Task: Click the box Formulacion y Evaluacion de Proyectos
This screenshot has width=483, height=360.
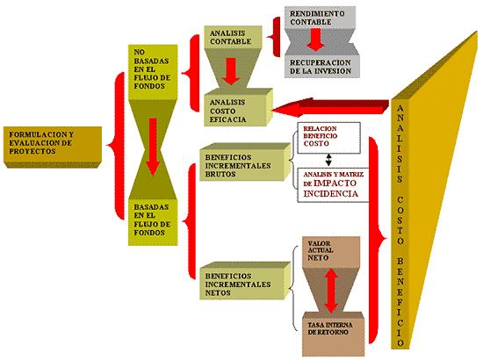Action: pyautogui.click(x=53, y=147)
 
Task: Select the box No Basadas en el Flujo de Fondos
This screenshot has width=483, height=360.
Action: pyautogui.click(x=153, y=72)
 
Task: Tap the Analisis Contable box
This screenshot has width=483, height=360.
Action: pyautogui.click(x=233, y=37)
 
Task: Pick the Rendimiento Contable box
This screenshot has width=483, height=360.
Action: pyautogui.click(x=320, y=18)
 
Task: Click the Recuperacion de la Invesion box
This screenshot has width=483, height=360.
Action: pyautogui.click(x=321, y=67)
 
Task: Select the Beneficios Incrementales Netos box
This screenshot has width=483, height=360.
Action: pyautogui.click(x=245, y=281)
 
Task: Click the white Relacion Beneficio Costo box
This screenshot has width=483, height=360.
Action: pyautogui.click(x=328, y=138)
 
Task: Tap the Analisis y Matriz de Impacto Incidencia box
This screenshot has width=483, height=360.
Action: pyautogui.click(x=333, y=185)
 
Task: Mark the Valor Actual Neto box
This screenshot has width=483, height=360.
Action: pyautogui.click(x=331, y=252)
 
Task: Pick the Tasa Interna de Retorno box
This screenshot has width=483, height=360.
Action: pyautogui.click(x=334, y=335)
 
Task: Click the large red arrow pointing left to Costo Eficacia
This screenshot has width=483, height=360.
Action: pyautogui.click(x=329, y=107)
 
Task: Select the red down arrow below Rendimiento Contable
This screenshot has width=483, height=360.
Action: pyautogui.click(x=315, y=40)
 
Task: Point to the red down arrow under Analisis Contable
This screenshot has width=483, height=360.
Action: pyautogui.click(x=230, y=71)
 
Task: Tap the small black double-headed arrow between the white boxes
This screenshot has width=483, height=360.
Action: pyautogui.click(x=328, y=160)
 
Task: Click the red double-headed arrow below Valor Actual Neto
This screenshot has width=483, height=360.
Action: pyautogui.click(x=331, y=291)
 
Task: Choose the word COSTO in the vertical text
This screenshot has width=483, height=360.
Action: pyautogui.click(x=400, y=220)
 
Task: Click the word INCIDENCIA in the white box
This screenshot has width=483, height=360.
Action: pyautogui.click(x=331, y=193)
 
